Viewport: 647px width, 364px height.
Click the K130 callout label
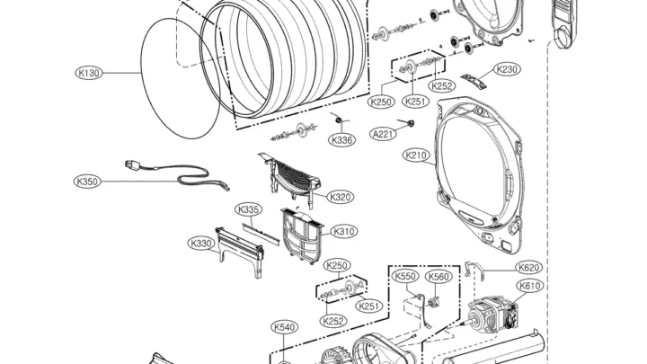[89, 73]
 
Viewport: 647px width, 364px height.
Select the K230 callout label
[507, 69]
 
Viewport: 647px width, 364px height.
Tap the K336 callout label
[342, 140]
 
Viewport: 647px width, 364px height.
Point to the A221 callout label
[384, 134]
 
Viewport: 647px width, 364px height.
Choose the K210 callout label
[416, 155]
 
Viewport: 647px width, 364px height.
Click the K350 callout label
[87, 182]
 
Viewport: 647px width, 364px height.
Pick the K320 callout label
[341, 197]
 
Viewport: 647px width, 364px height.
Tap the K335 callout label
[249, 209]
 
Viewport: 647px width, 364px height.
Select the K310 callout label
[343, 232]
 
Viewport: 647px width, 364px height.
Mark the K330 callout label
[201, 244]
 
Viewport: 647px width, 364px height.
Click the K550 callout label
[405, 276]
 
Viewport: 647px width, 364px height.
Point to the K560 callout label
[439, 277]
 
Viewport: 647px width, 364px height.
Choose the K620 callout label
[529, 268]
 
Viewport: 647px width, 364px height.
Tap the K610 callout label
[529, 286]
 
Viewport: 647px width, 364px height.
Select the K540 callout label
[285, 327]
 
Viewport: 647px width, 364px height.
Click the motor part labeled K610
[492, 316]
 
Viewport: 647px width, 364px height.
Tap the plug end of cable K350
[131, 165]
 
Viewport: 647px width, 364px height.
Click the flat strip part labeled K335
[261, 234]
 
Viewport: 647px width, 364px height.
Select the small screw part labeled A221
[408, 123]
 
